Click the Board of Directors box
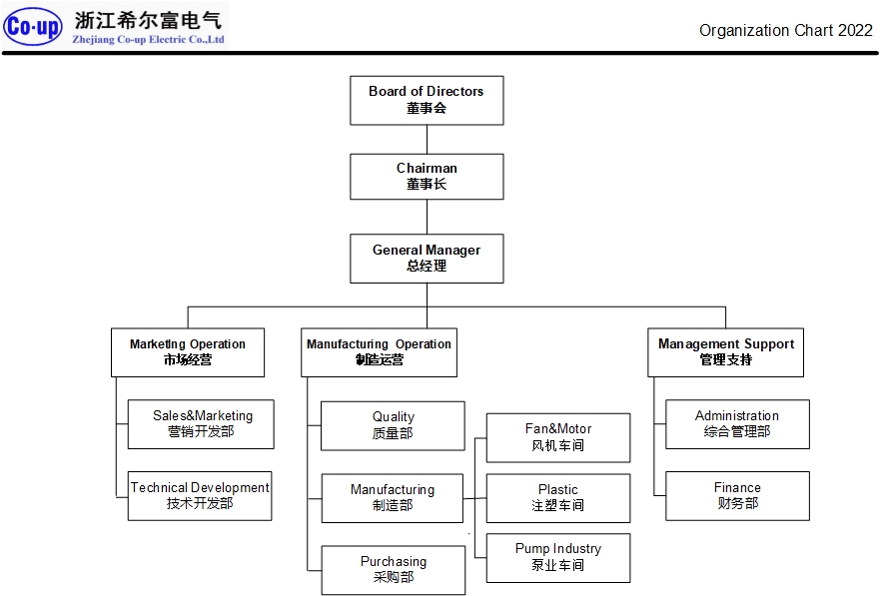click(427, 100)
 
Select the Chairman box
click(427, 176)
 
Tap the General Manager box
click(427, 259)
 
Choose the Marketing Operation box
click(188, 352)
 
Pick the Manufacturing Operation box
click(379, 352)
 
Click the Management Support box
click(725, 352)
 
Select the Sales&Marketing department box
click(201, 424)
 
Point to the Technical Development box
click(200, 496)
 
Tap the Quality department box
click(393, 425)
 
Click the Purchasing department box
click(393, 570)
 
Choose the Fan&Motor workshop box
click(558, 437)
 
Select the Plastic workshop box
click(558, 498)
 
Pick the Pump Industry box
click(558, 557)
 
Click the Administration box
click(737, 424)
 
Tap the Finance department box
click(737, 496)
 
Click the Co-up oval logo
click(34, 27)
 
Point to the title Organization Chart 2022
click(785, 30)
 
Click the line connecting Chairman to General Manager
click(427, 217)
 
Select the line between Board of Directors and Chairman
click(427, 139)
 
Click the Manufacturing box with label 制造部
click(393, 498)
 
